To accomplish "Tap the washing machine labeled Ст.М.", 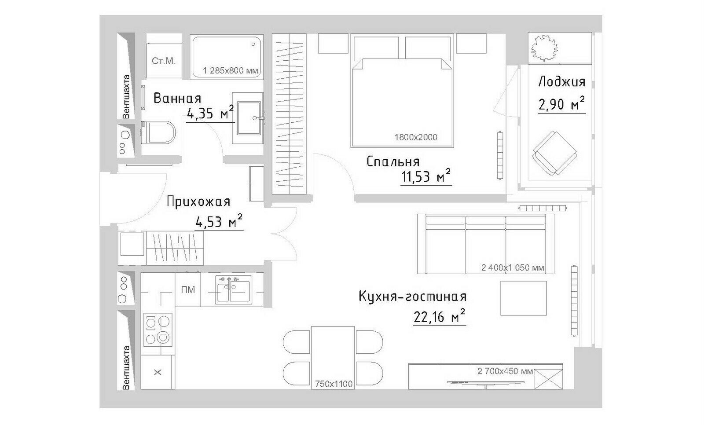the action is click(164, 60).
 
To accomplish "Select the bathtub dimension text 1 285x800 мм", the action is click(231, 70).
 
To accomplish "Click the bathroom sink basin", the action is click(249, 118).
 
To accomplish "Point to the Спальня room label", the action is click(393, 162).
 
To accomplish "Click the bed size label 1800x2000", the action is click(416, 137).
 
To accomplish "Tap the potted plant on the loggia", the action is click(543, 48).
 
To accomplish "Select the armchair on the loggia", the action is click(555, 153).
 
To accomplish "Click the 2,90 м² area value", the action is click(561, 104).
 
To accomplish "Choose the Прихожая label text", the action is click(198, 202).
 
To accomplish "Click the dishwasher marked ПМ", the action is click(188, 289).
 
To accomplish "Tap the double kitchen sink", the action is click(234, 289).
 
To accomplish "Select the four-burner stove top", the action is click(158, 330).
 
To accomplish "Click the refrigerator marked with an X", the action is click(158, 373).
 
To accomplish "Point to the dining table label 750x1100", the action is click(334, 384).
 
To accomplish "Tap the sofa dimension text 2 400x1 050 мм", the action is click(513, 268).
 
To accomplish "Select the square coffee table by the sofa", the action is click(524, 298).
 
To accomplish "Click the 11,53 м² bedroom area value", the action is click(426, 177).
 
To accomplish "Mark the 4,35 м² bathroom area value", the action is click(210, 113).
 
